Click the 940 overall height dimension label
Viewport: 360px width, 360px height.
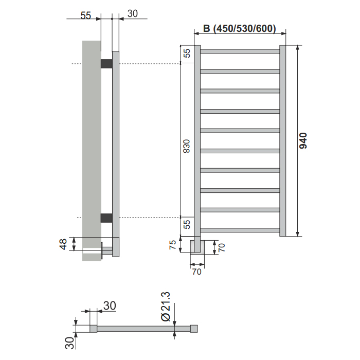pos(303,140)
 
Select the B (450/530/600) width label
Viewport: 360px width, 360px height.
pos(240,28)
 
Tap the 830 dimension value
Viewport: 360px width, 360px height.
pos(186,146)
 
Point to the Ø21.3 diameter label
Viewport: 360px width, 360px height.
pos(166,307)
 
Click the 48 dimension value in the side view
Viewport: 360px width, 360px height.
pos(63,244)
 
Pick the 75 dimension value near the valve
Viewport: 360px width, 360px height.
pos(172,245)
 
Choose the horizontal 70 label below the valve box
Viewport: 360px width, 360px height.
pos(197,272)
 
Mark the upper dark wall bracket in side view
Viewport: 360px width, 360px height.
pos(106,64)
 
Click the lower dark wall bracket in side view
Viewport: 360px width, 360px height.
pos(106,218)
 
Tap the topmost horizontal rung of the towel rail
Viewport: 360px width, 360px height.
pos(240,51)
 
